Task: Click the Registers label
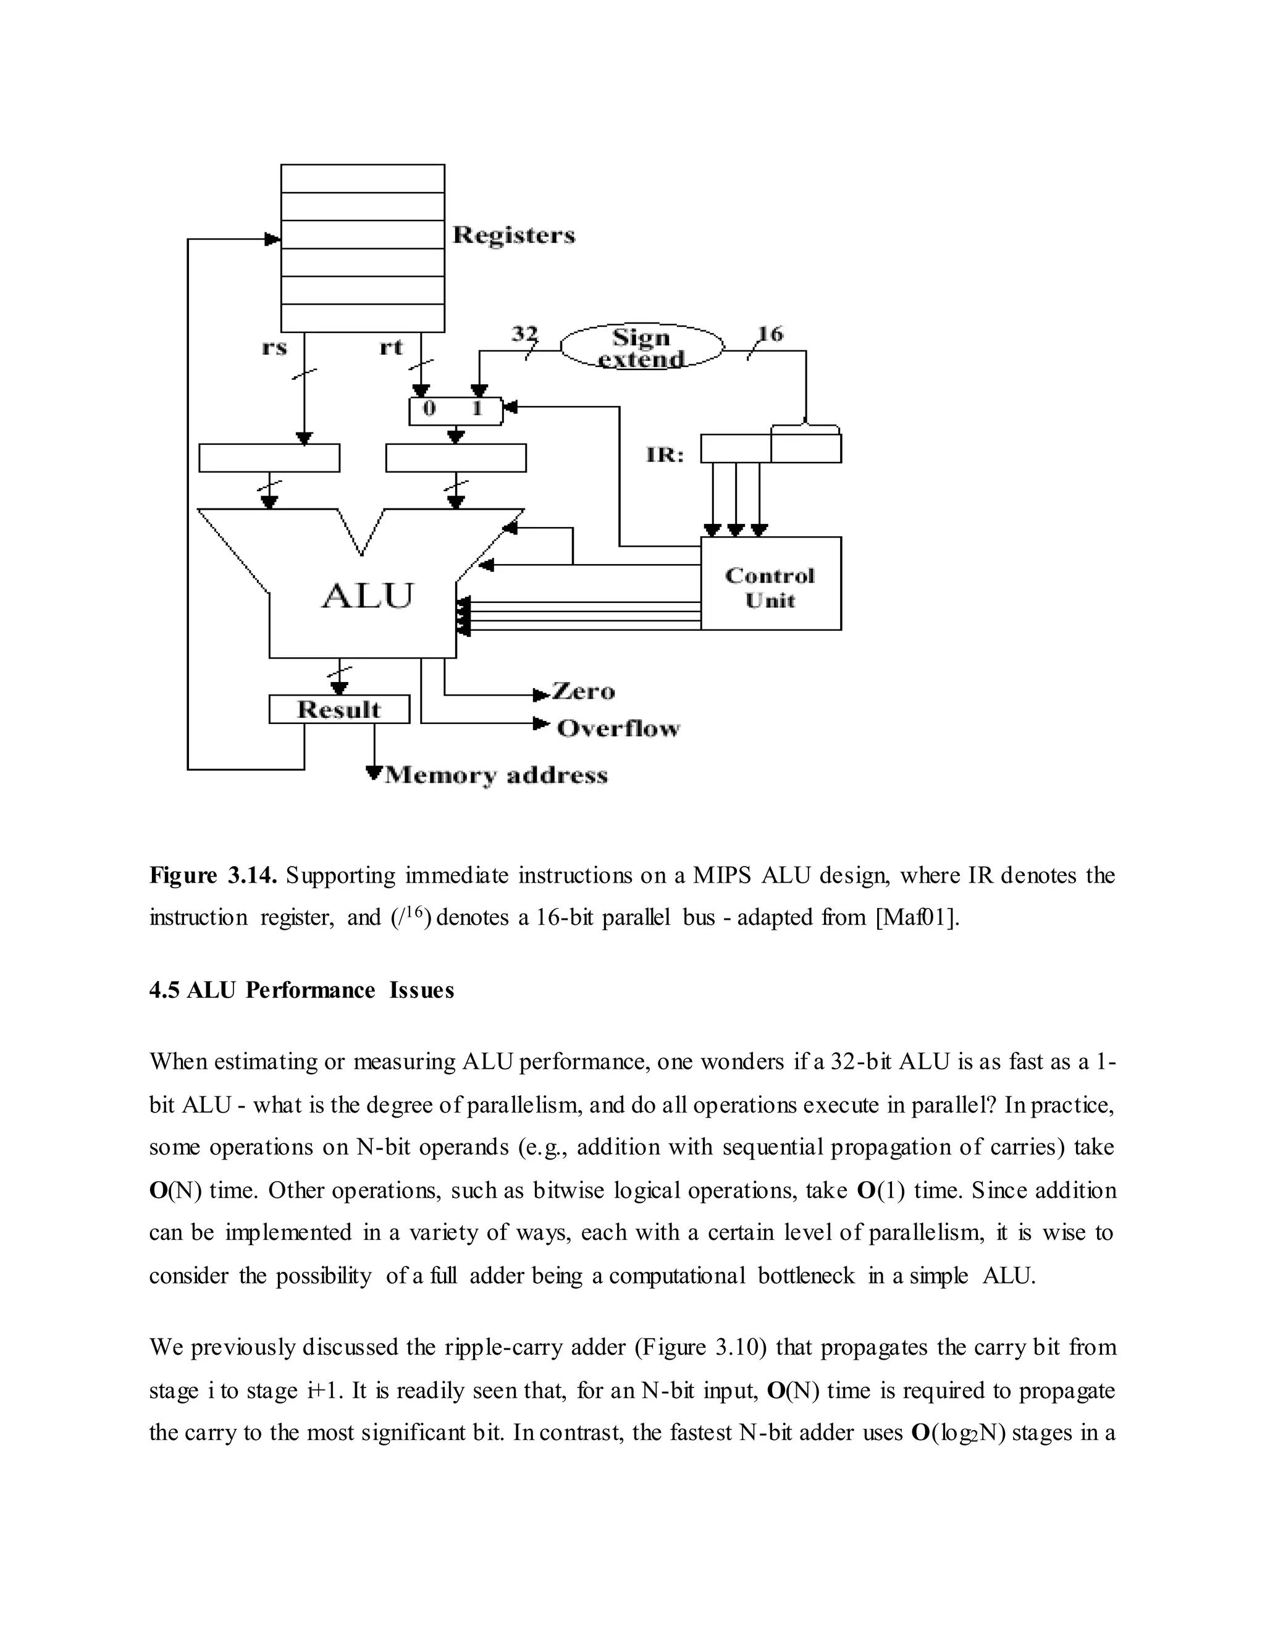pyautogui.click(x=514, y=235)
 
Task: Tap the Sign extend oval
pyautogui.click(x=642, y=348)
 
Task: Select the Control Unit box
pyautogui.click(x=770, y=586)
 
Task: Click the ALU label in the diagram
pyautogui.click(x=368, y=597)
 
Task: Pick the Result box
pyautogui.click(x=338, y=710)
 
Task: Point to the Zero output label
pyautogui.click(x=583, y=692)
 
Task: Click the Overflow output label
pyautogui.click(x=618, y=728)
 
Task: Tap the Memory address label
pyautogui.click(x=495, y=775)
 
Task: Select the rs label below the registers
pyautogui.click(x=275, y=348)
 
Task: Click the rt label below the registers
pyautogui.click(x=391, y=348)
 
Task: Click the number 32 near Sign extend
pyautogui.click(x=524, y=334)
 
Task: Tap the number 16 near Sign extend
pyautogui.click(x=770, y=334)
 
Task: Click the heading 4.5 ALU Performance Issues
pyautogui.click(x=301, y=990)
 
